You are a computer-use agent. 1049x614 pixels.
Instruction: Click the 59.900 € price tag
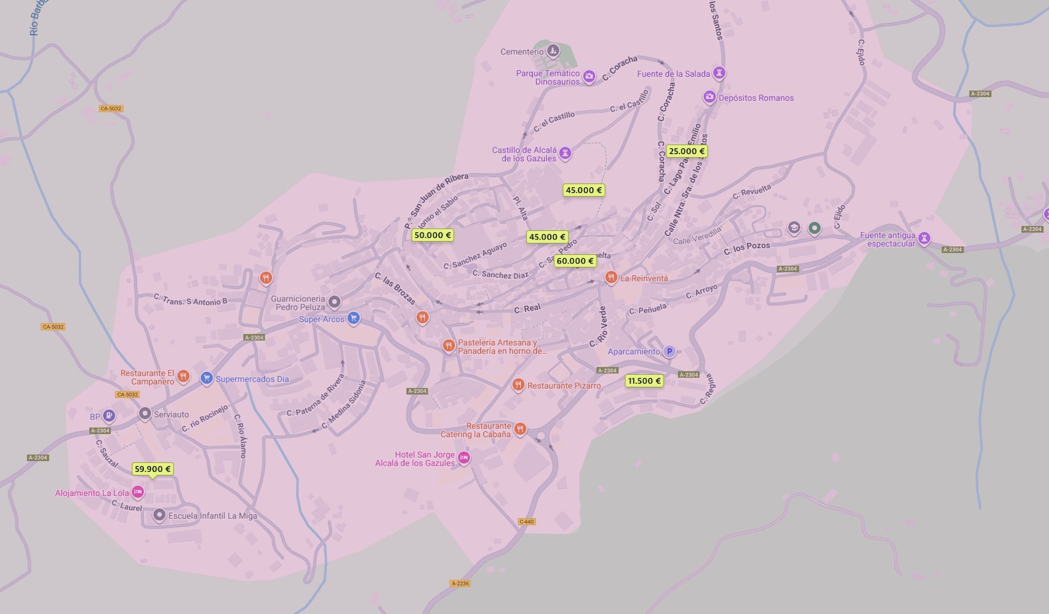152,469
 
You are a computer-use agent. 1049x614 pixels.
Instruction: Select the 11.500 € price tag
644,381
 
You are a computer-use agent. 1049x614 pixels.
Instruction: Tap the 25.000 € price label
687,151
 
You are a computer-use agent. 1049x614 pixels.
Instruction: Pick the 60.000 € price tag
575,261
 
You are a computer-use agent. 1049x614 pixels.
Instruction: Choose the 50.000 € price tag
432,235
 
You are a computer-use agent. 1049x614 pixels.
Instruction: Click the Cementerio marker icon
552,51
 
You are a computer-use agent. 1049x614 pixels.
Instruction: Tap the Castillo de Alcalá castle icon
565,152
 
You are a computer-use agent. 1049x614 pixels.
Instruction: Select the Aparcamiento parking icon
669,351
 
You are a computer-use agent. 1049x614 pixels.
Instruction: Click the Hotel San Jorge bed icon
463,457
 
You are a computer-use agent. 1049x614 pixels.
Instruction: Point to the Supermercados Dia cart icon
206,378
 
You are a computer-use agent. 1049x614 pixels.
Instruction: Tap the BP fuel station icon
108,415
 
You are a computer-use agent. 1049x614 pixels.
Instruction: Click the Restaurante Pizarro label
564,386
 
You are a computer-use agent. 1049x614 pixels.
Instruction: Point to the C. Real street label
527,309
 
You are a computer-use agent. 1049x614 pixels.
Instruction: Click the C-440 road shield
526,522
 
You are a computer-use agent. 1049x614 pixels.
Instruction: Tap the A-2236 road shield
460,583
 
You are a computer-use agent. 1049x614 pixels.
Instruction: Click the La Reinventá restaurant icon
611,277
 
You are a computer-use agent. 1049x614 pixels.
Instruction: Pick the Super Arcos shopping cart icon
353,318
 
